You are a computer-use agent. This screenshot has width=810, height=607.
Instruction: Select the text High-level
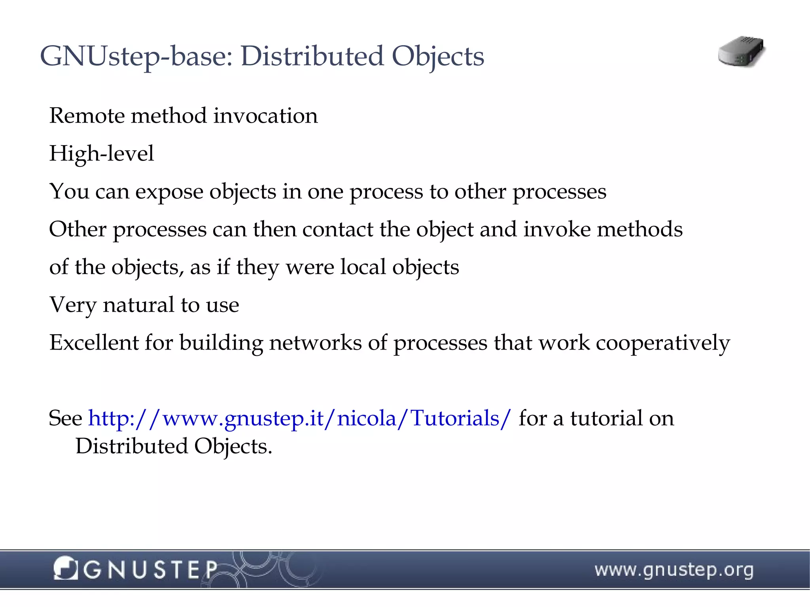(x=101, y=153)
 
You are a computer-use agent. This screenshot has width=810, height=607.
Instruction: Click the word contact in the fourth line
(x=337, y=229)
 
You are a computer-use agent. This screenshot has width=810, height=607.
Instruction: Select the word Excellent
(x=94, y=342)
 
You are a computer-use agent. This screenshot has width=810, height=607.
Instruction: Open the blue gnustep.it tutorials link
(x=299, y=418)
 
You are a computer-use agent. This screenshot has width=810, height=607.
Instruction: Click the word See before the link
(x=65, y=418)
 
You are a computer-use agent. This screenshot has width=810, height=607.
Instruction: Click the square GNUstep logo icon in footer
(x=65, y=568)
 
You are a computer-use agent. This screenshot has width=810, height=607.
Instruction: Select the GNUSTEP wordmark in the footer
(x=150, y=570)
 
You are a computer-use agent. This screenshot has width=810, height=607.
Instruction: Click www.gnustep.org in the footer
(x=674, y=570)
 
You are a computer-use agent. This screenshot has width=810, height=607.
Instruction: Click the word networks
(x=315, y=342)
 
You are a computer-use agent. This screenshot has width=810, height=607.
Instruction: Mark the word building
(x=221, y=342)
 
